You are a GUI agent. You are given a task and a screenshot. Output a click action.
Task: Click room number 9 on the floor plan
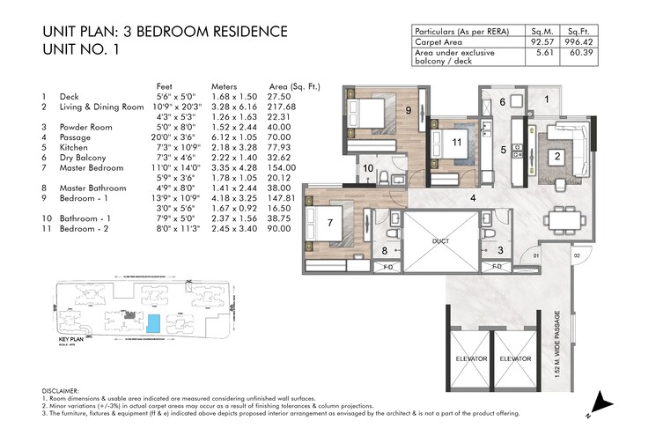coord(408,110)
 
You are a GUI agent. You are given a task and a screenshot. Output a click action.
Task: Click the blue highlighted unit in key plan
coord(154,323)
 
